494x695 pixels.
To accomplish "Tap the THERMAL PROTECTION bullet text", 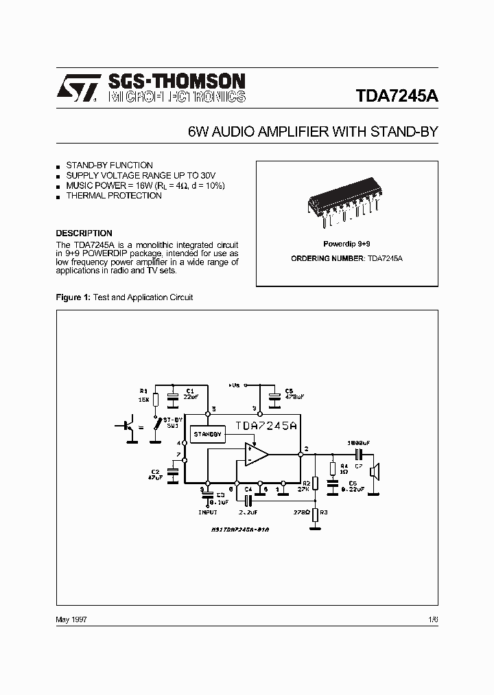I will pyautogui.click(x=114, y=196).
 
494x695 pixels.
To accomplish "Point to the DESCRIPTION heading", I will pyautogui.click(x=84, y=233).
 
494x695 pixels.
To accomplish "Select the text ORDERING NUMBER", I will pyautogui.click(x=327, y=258).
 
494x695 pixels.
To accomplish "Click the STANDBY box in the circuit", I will pyautogui.click(x=207, y=435).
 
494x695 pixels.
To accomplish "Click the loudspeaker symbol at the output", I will pyautogui.click(x=375, y=472).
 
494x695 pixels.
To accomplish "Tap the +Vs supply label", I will pyautogui.click(x=235, y=385).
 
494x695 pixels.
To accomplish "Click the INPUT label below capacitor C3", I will pyautogui.click(x=208, y=512).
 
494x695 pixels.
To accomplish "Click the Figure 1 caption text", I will pyautogui.click(x=124, y=297).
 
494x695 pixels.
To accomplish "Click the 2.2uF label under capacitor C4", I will pyautogui.click(x=248, y=512).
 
